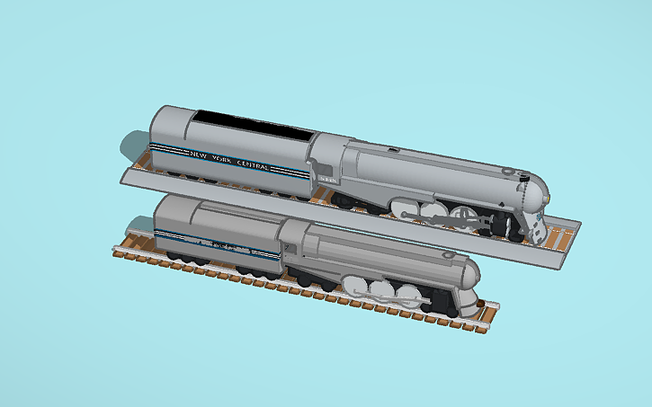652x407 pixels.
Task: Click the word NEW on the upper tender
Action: click(195, 154)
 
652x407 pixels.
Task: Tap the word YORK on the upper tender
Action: click(223, 159)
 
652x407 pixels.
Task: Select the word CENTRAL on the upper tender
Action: click(264, 165)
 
